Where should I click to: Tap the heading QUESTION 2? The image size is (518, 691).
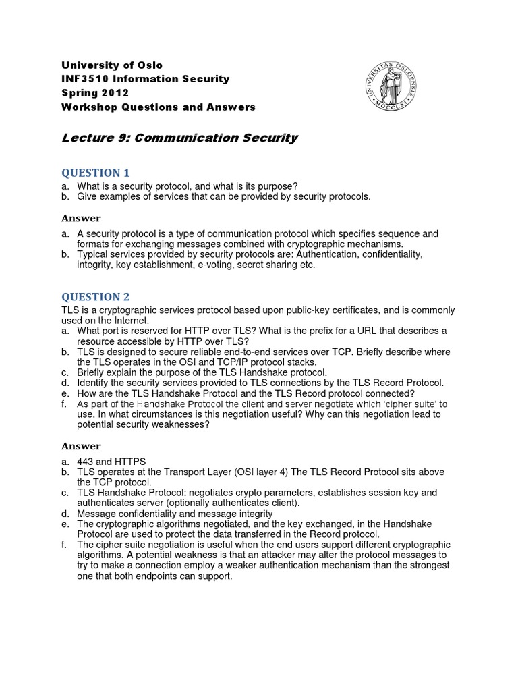point(95,296)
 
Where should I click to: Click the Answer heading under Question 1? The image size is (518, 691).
point(81,218)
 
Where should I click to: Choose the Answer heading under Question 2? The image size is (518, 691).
point(81,446)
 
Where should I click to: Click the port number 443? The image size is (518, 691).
point(86,461)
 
